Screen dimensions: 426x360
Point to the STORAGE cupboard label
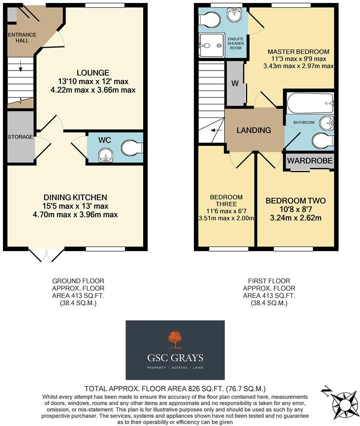20,137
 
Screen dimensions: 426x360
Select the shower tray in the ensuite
212,45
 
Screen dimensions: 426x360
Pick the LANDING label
254,130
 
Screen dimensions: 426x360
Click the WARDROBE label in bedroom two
310,161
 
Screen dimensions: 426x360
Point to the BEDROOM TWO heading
296,201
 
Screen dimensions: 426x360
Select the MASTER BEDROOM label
298,52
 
